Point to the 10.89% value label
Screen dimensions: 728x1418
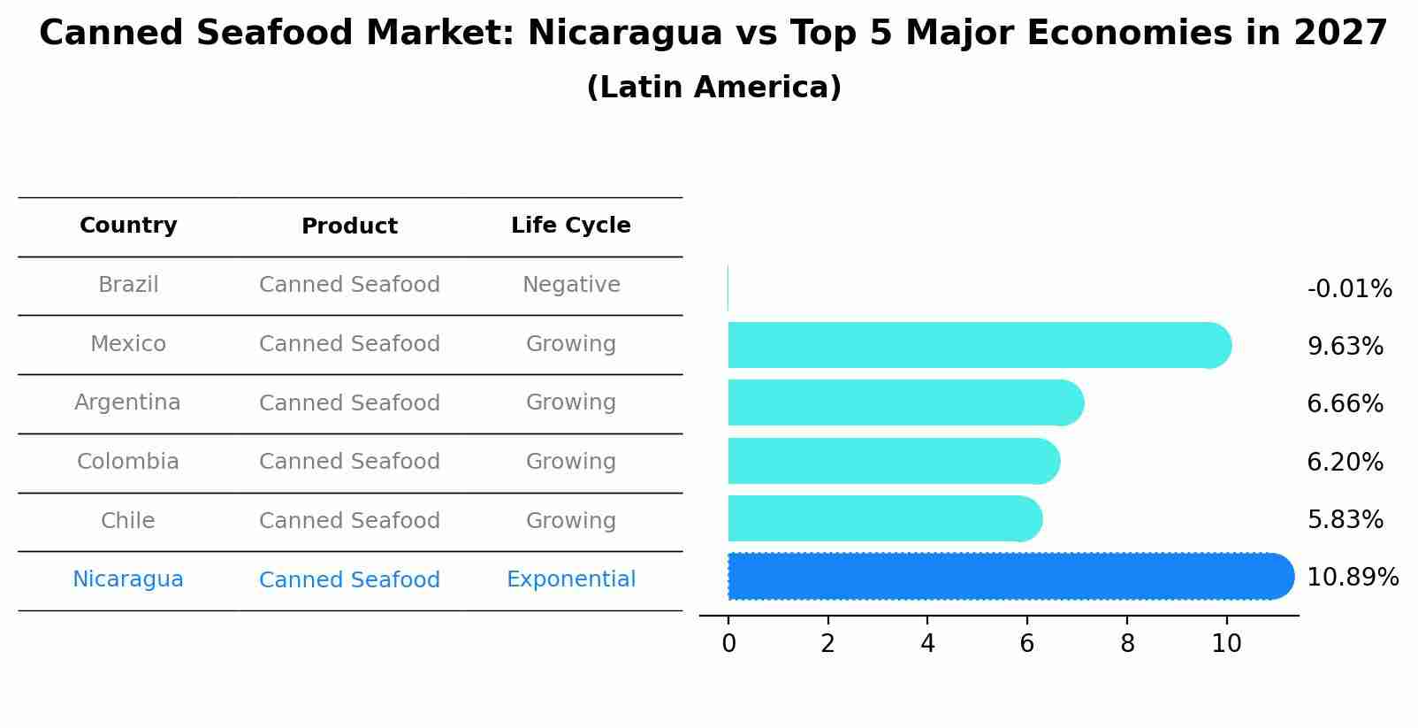pos(1352,578)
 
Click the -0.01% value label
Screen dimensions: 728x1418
pos(1349,289)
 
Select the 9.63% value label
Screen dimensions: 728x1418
pos(1345,347)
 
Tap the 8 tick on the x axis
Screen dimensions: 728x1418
pos(1127,644)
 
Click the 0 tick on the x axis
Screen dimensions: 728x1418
pos(728,644)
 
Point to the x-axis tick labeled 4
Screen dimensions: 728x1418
pos(927,644)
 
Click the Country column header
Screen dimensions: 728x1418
pos(128,226)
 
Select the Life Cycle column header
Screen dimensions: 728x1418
pos(570,226)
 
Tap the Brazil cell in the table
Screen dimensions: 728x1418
pos(128,285)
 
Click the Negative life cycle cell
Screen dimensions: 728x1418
pos(570,285)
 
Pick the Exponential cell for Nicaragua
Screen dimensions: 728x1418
pos(570,579)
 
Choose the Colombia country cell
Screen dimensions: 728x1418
pos(128,462)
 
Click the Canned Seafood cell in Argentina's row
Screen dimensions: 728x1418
pos(349,403)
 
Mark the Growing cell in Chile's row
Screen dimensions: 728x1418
pos(570,521)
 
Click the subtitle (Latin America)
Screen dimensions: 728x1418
pos(713,88)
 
